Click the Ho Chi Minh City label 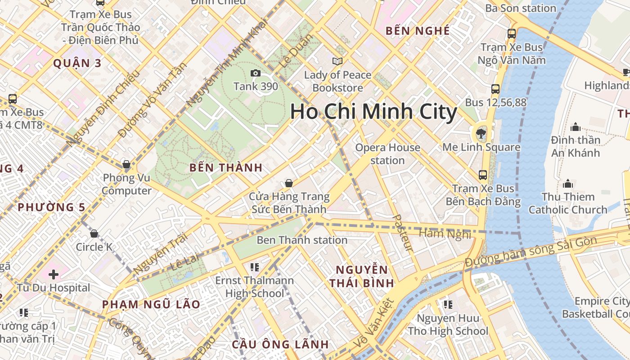pos(373,112)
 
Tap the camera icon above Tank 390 pos(255,73)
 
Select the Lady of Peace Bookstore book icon pos(337,61)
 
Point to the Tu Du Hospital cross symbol pos(54,274)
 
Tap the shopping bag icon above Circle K pos(94,234)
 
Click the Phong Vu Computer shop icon pos(126,164)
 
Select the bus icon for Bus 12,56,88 pos(495,89)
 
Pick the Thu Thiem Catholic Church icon pos(568,184)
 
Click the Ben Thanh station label pos(302,240)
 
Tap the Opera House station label pos(387,154)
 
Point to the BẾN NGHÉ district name pos(418,31)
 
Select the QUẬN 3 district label pos(77,63)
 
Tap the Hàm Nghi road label pos(445,234)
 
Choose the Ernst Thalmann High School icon pos(255,267)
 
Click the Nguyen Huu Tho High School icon pos(448,305)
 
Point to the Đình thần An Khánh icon pos(575,127)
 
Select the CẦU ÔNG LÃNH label pos(280,345)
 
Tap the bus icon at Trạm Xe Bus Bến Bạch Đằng pos(483,175)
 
